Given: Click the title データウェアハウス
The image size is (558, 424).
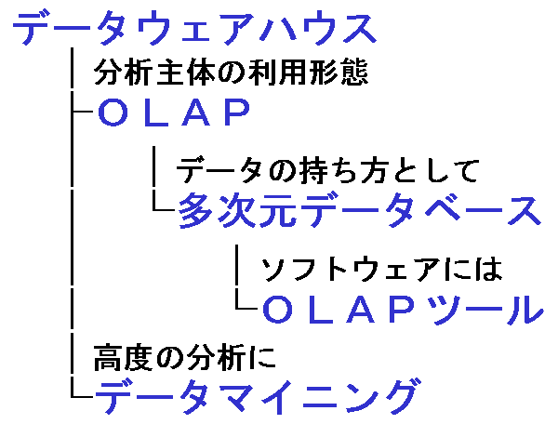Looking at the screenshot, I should click(x=193, y=29).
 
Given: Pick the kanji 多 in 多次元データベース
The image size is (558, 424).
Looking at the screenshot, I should click(x=197, y=211).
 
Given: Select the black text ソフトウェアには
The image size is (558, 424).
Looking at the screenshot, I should click(x=381, y=270).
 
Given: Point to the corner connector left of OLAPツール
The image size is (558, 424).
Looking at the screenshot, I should click(x=243, y=306).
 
